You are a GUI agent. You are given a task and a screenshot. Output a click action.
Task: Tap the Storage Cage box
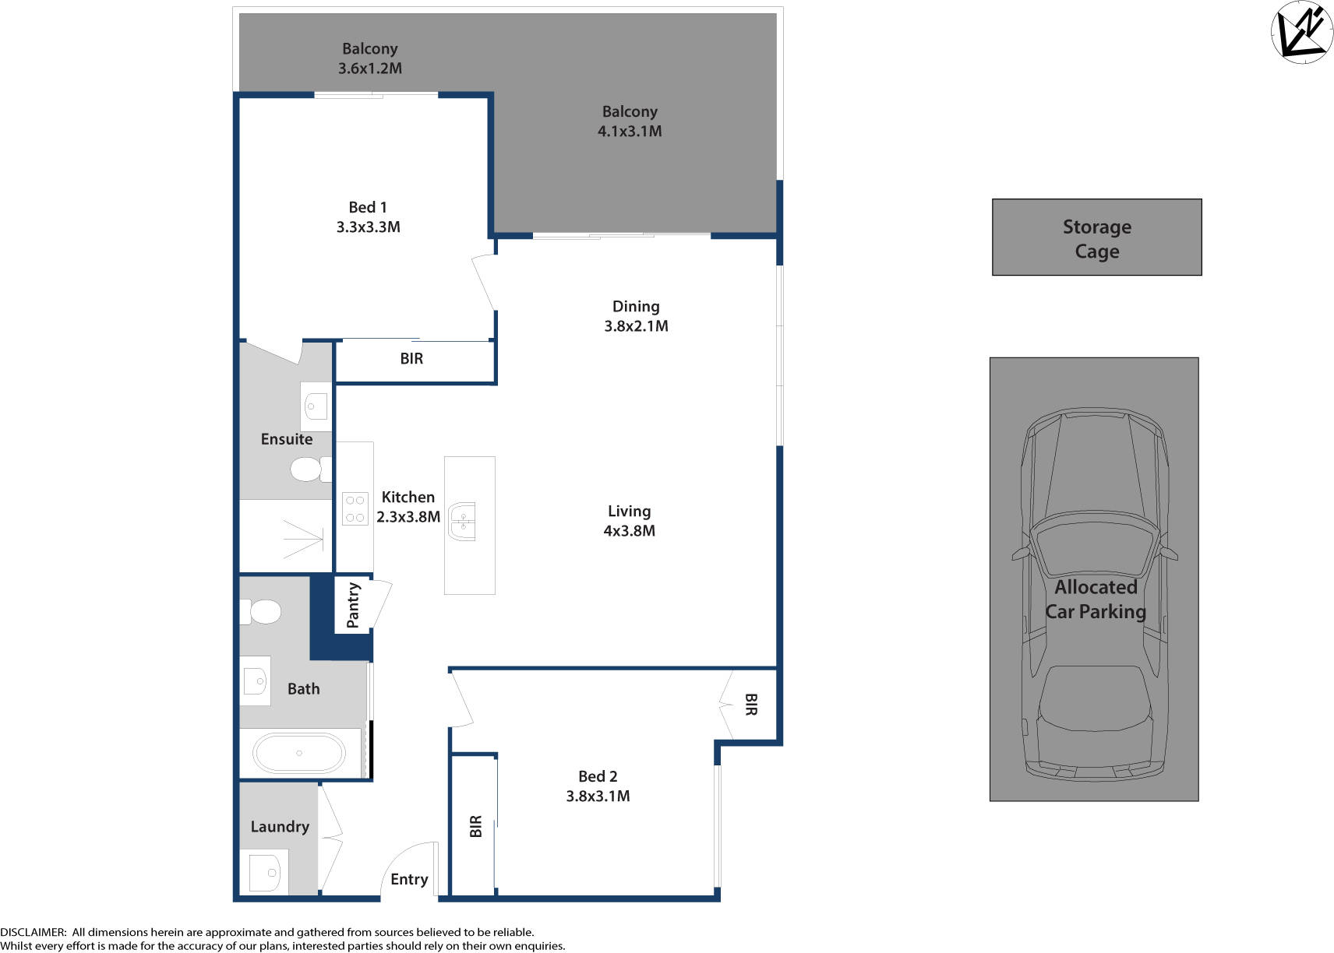point(1096,237)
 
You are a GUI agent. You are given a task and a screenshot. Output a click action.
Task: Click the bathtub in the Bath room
point(298,753)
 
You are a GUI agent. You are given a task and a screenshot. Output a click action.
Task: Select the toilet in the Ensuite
point(307,469)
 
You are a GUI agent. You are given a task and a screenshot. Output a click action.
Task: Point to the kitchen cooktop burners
point(355,508)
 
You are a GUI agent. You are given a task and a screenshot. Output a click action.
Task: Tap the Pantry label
point(353,605)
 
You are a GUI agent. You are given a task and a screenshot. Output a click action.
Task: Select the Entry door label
point(409,879)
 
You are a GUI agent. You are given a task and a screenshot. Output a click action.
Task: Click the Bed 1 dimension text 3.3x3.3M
point(368,227)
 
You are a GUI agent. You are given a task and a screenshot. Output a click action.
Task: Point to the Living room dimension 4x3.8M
point(629,531)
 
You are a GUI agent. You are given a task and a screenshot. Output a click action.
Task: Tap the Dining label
point(636,306)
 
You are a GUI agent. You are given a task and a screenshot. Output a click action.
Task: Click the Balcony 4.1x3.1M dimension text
point(630,132)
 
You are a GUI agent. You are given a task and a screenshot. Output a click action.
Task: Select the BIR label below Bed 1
point(411,359)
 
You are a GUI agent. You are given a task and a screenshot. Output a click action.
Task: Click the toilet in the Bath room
point(263,612)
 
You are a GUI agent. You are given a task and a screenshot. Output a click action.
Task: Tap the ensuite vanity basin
point(316,406)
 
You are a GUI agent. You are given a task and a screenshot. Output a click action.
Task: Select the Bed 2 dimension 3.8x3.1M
point(598,797)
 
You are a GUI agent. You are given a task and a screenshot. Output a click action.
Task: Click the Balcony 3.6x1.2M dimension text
point(369,69)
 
